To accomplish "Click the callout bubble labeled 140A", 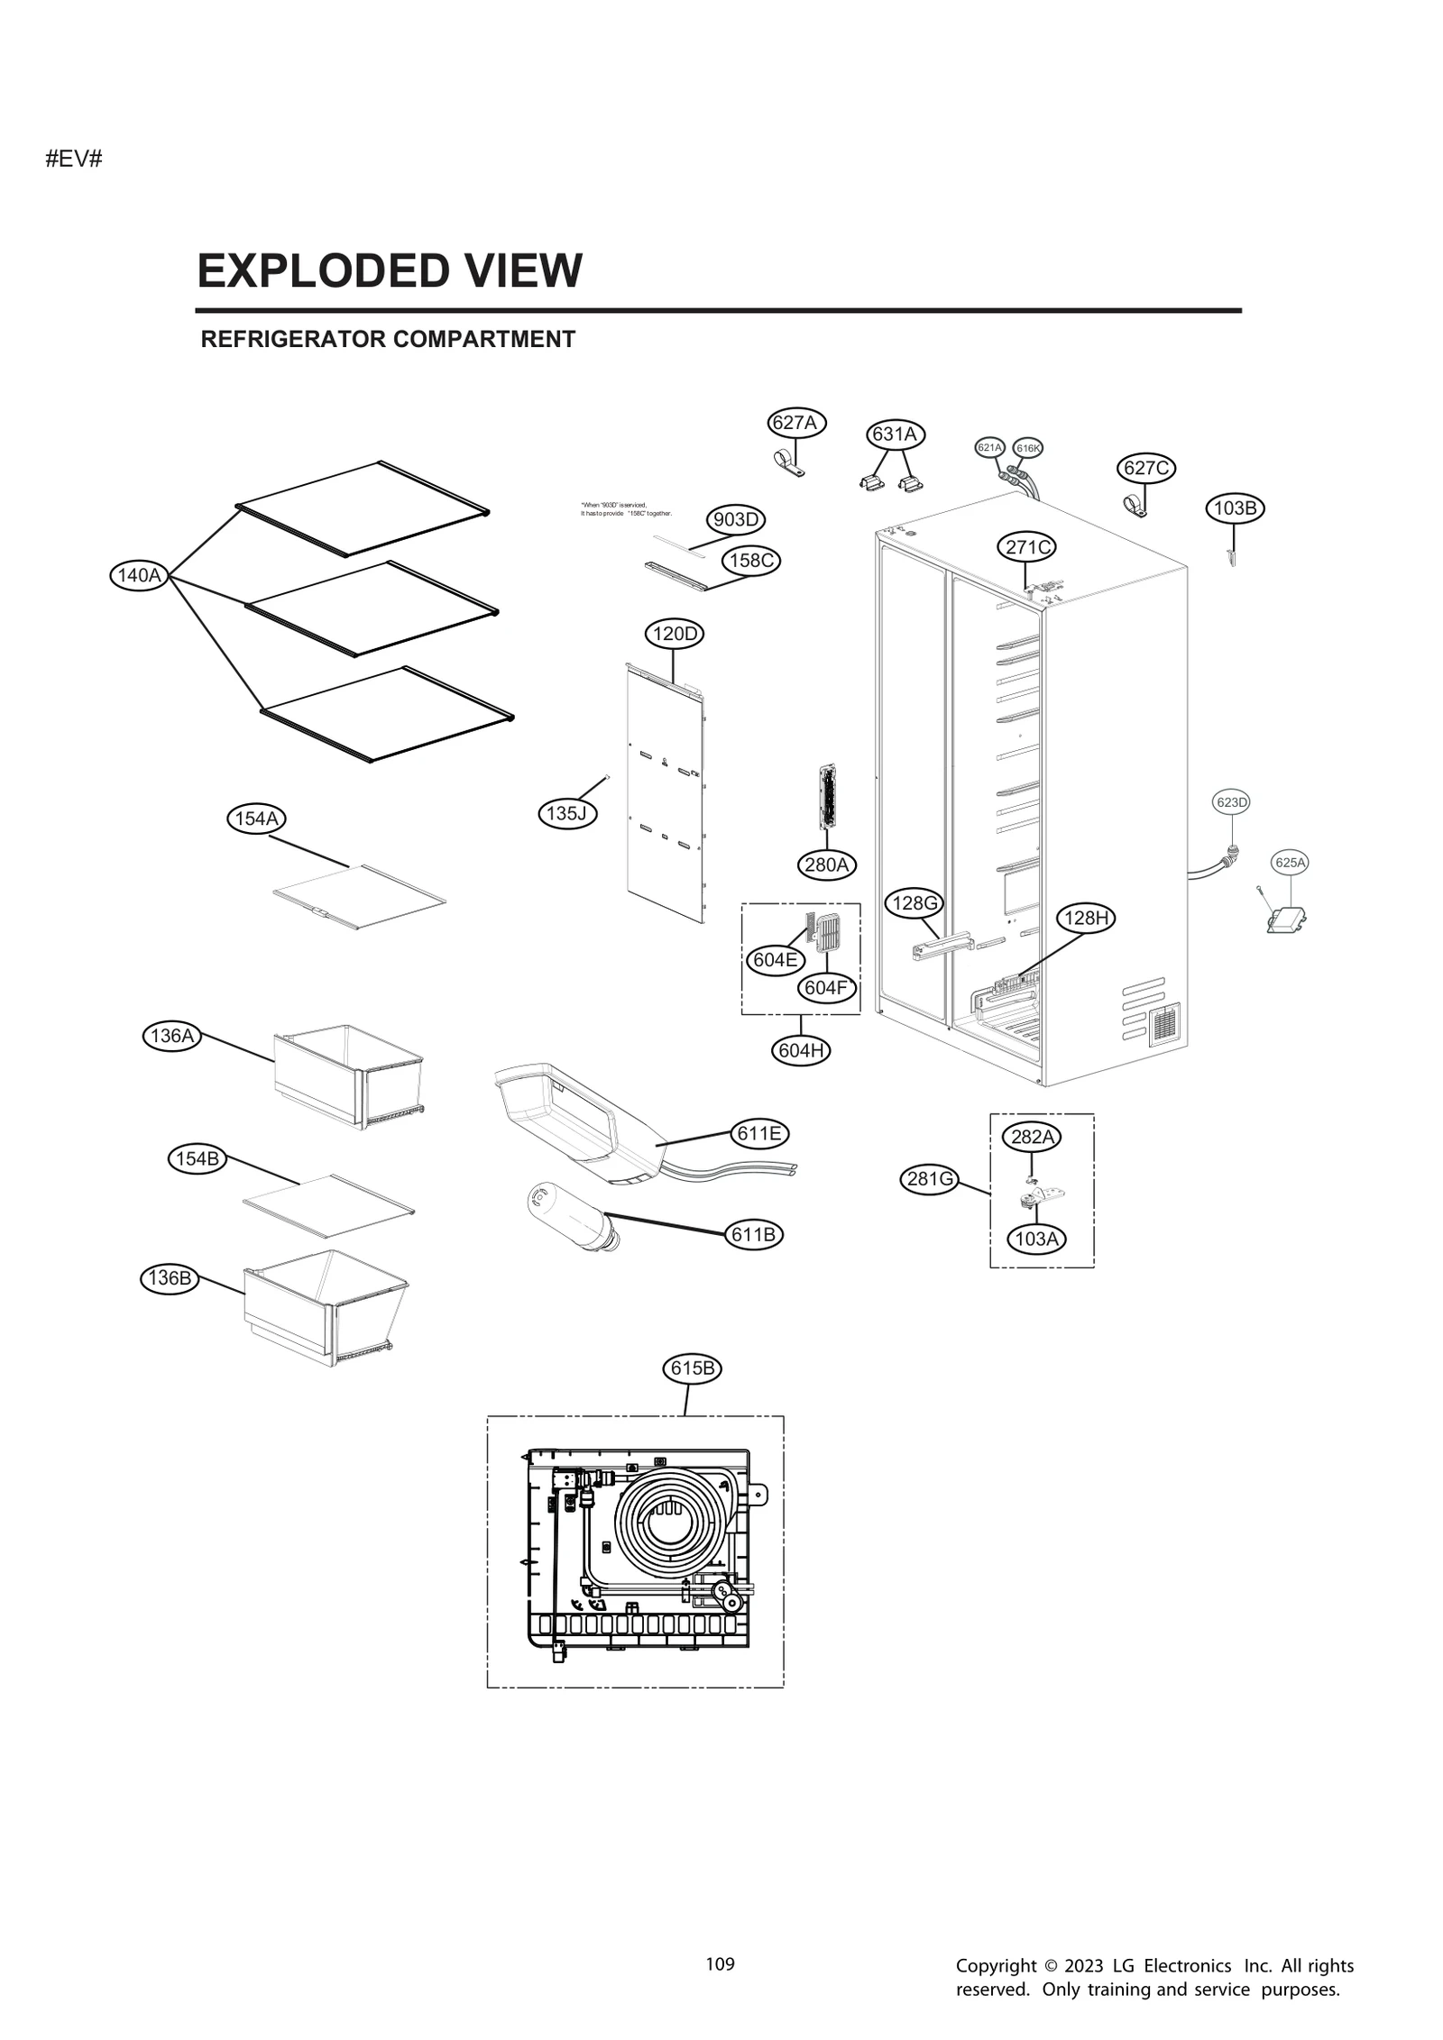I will pyautogui.click(x=140, y=574).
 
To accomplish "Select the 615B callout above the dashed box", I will pyautogui.click(x=693, y=1368).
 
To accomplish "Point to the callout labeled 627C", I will pyautogui.click(x=1146, y=468).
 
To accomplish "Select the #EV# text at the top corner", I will pyautogui.click(x=74, y=160).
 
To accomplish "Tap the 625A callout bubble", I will pyautogui.click(x=1290, y=862).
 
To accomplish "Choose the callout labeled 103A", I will pyautogui.click(x=1036, y=1239).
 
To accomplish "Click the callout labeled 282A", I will pyautogui.click(x=1033, y=1137).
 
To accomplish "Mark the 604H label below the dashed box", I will pyautogui.click(x=802, y=1050).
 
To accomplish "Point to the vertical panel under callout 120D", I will pyautogui.click(x=666, y=793).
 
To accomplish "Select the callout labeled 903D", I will pyautogui.click(x=735, y=519).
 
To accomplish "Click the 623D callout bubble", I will pyautogui.click(x=1231, y=801).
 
